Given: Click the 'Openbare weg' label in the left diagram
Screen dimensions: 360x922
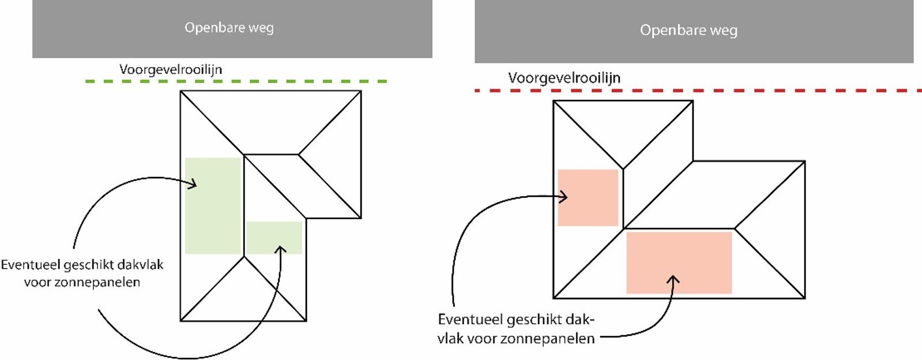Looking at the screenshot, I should (229, 28).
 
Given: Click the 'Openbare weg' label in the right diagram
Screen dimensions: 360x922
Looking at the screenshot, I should (688, 30).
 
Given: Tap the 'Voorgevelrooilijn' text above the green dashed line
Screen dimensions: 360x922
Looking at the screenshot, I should (171, 70).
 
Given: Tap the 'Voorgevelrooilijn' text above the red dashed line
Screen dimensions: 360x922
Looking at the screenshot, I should (564, 78).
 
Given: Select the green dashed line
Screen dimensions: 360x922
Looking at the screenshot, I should (236, 81).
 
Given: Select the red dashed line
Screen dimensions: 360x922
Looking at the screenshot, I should (698, 91).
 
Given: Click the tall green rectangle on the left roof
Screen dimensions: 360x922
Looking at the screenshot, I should (213, 205).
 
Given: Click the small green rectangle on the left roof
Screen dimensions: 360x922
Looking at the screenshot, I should (274, 237).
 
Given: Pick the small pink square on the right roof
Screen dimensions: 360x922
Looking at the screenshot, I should (588, 197).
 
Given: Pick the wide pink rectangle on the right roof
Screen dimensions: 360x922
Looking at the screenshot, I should (679, 262).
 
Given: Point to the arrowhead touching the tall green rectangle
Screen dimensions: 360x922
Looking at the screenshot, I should (193, 185).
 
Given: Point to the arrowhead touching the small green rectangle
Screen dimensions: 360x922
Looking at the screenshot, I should (281, 249).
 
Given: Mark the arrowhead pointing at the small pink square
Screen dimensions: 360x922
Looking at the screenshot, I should (564, 197).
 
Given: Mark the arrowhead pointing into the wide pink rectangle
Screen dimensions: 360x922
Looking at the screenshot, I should (673, 279).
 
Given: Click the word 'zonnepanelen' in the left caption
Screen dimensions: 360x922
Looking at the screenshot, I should (101, 283).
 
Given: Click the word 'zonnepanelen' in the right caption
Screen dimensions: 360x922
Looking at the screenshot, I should (547, 339).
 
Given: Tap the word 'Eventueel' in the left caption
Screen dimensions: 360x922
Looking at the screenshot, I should (30, 265).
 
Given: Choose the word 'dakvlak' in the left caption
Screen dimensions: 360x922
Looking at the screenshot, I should (140, 265).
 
